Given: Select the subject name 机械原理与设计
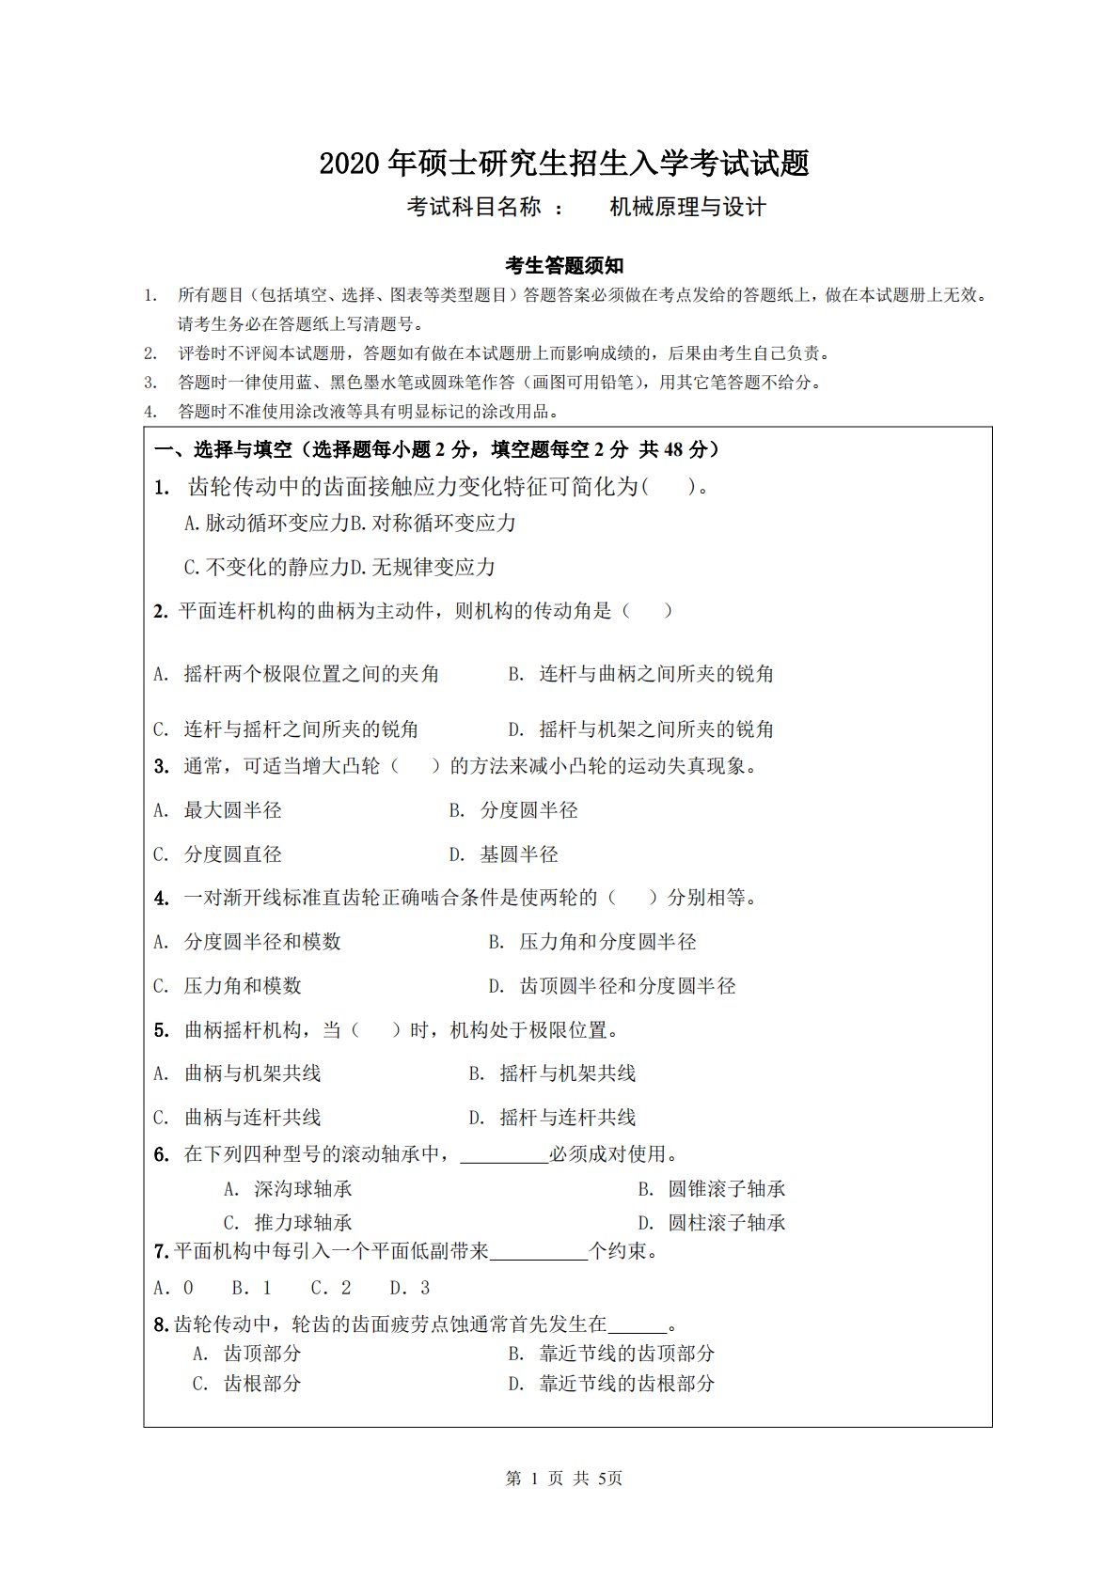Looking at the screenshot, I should [x=687, y=207].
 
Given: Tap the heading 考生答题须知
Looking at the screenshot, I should [x=564, y=266].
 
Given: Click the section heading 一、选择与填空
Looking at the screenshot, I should [x=222, y=449].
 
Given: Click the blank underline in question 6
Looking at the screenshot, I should [x=504, y=1156].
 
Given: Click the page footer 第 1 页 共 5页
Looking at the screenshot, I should [x=564, y=1479].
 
